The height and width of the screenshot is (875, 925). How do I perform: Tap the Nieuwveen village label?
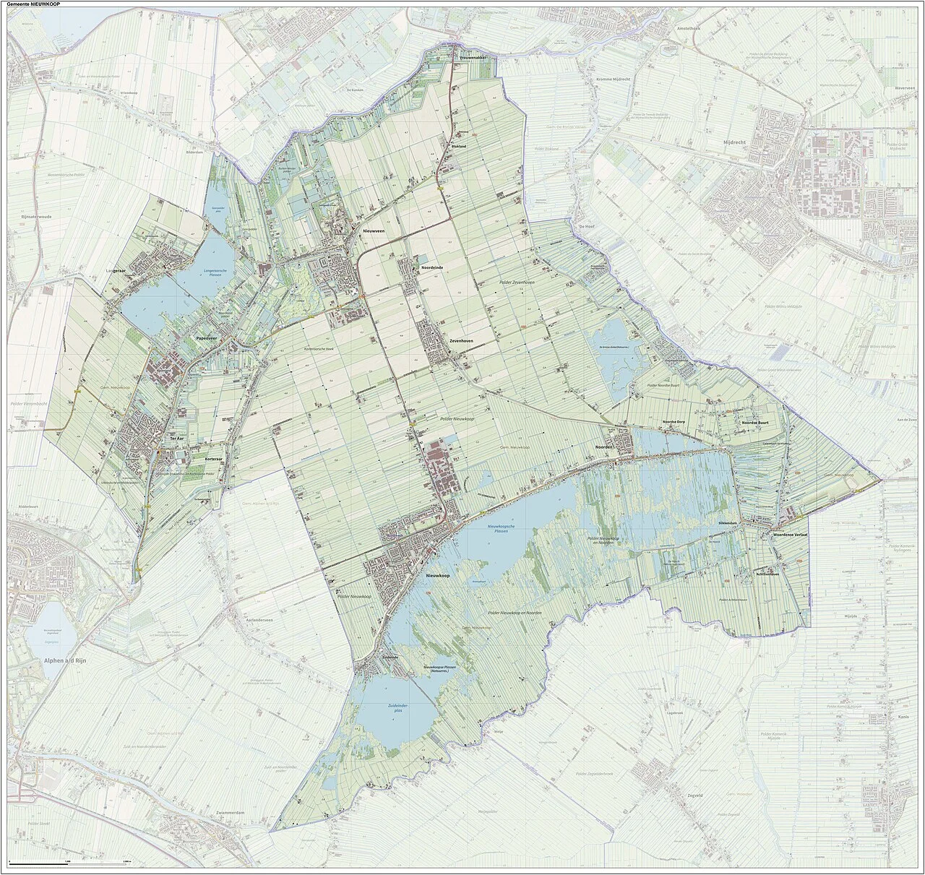tap(374, 230)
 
